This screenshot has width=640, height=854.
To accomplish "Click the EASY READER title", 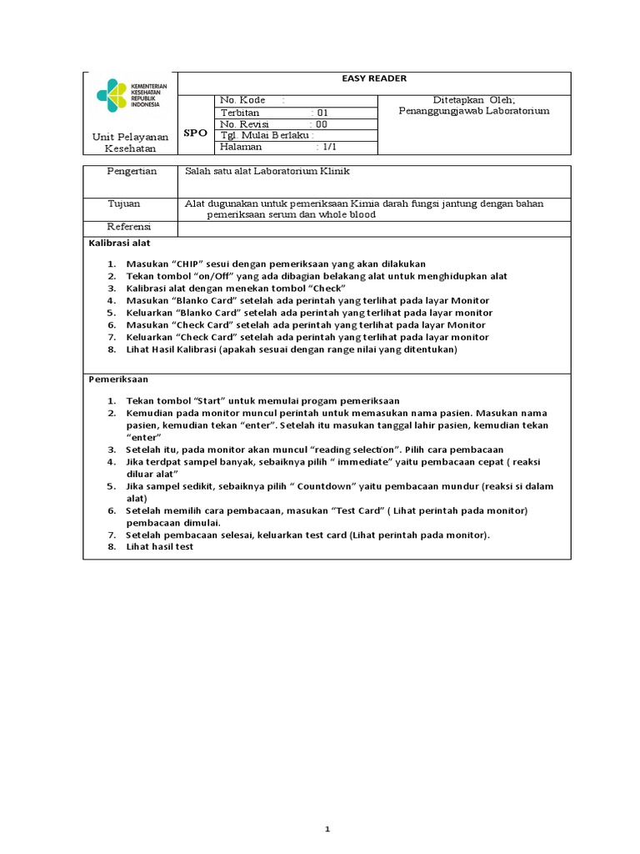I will pos(374,78).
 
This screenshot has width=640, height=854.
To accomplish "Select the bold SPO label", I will pos(195,133).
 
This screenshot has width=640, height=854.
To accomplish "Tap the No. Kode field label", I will pos(242,100).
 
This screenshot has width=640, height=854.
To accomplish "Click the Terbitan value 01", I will pos(323,113).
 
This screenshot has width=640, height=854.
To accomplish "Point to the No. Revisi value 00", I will pos(322,123).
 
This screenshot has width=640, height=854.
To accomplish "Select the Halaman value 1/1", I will pos(328,147).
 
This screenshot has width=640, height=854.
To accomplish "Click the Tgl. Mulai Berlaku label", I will pos(264,135).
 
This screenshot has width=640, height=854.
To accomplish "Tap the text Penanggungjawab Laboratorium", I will pos(474,111).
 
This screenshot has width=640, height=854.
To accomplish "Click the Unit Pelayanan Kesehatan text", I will pos(130,143).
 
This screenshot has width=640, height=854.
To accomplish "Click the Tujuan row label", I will pos(124,203).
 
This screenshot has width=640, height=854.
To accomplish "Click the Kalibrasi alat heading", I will pos(119,243).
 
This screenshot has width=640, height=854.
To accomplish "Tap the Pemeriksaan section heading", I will pos(118,379).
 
